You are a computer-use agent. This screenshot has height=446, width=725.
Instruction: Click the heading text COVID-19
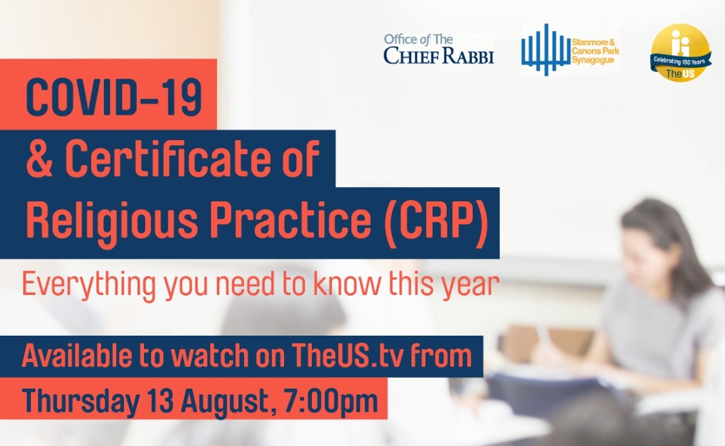114,97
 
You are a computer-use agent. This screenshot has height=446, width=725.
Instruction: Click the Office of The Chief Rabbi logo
438,49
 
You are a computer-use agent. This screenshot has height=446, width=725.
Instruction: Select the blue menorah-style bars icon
546,50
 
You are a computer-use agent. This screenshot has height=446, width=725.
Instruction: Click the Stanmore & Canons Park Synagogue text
595,51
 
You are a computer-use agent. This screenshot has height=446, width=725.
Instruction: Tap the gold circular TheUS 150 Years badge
680,52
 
